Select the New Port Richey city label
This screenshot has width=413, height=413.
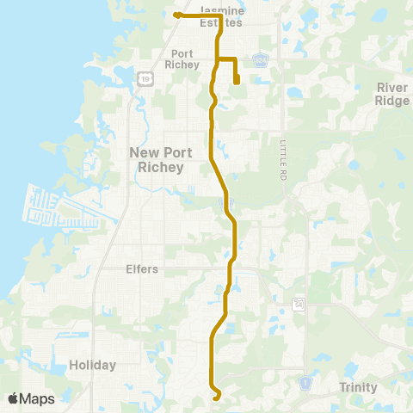(156, 159)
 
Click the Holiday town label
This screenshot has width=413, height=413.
(92, 365)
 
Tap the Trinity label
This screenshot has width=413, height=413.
(358, 387)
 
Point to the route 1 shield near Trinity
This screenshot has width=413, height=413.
(304, 381)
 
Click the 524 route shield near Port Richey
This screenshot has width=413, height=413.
(261, 59)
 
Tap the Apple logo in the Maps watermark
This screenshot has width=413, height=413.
(15, 398)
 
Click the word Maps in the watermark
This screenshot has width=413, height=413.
(38, 398)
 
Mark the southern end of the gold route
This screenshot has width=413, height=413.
(215, 398)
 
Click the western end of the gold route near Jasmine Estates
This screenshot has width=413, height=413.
(176, 15)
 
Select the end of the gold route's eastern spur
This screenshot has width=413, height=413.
(236, 83)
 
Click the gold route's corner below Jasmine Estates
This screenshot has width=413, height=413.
(221, 15)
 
